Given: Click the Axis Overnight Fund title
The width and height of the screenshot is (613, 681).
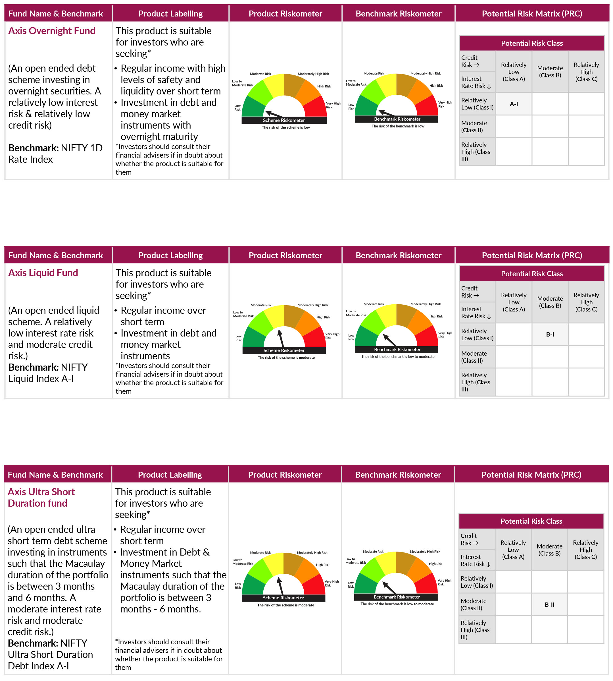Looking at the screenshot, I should pos(51,31).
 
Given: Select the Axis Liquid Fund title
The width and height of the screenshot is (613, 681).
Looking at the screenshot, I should pos(43,273).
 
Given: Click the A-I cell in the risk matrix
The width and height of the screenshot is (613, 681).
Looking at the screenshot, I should pos(514,104).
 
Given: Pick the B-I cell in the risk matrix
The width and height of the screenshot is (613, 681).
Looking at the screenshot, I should pos(550,334).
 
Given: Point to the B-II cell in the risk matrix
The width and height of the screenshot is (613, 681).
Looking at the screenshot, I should pos(549,604).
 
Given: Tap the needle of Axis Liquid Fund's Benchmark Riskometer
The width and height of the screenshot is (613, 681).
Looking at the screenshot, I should pos(390,340).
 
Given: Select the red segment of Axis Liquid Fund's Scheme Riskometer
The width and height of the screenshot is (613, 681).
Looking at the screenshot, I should pos(316,338).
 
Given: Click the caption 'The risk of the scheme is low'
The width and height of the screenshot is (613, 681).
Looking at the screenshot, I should pos(285,127).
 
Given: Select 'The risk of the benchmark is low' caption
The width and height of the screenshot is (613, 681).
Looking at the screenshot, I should pos(398,126).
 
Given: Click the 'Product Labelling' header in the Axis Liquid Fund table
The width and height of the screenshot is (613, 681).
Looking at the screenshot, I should pos(170,255).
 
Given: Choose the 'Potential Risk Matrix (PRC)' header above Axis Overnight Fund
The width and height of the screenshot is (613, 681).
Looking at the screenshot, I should pos(532,13).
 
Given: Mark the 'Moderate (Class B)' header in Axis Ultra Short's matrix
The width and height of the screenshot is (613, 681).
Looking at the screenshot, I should pos(549,550).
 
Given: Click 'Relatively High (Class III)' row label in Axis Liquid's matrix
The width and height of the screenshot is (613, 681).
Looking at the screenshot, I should pos(475,382).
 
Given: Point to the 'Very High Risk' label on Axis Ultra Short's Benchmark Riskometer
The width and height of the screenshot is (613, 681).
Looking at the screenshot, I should pos(444,582).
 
